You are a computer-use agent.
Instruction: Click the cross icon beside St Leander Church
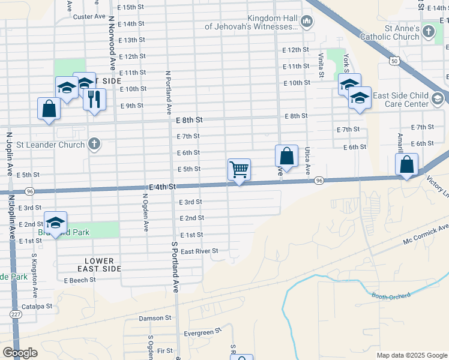[x=94, y=144]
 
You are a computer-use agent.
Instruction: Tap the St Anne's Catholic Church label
[x=390, y=32]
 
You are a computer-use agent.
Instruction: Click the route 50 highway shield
[x=394, y=61]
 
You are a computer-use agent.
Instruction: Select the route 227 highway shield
[x=16, y=314]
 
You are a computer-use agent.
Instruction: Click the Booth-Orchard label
[x=391, y=296]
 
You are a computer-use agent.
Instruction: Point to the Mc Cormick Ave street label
[x=427, y=235]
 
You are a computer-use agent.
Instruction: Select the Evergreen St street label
[x=203, y=332]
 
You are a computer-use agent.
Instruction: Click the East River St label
[x=199, y=251]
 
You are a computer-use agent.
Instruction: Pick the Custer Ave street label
[x=89, y=17]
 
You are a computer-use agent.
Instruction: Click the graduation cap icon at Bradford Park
[x=55, y=223]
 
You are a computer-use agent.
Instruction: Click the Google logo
[x=20, y=353]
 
